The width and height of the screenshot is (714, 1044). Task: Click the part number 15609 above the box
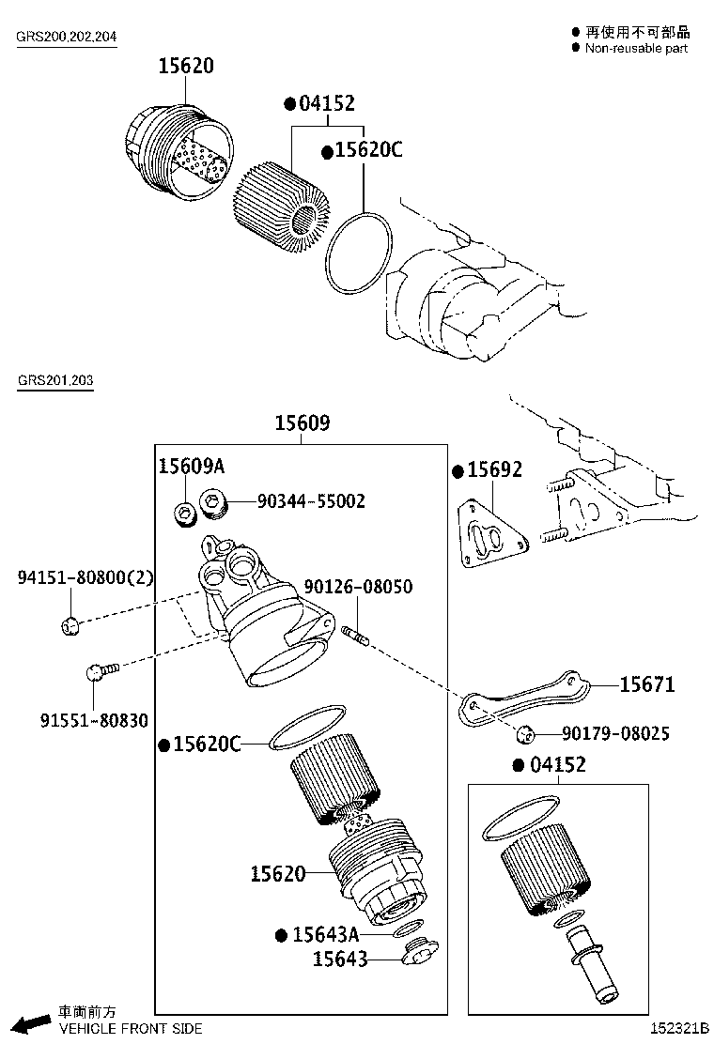tap(302, 423)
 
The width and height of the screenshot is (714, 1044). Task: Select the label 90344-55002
tap(311, 501)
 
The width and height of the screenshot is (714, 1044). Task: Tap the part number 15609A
tap(191, 467)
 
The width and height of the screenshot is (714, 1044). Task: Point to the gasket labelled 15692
tap(492, 538)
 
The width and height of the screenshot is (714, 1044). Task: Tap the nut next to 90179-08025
tap(525, 733)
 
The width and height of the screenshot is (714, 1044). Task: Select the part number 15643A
tap(325, 934)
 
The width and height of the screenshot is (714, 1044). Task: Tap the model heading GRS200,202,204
tap(65, 38)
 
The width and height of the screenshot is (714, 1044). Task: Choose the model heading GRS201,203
tap(54, 380)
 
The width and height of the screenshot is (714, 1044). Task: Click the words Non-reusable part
tap(636, 48)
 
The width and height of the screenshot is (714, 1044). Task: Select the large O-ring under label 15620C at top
tap(359, 253)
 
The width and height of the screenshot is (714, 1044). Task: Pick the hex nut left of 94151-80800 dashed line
tap(68, 624)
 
